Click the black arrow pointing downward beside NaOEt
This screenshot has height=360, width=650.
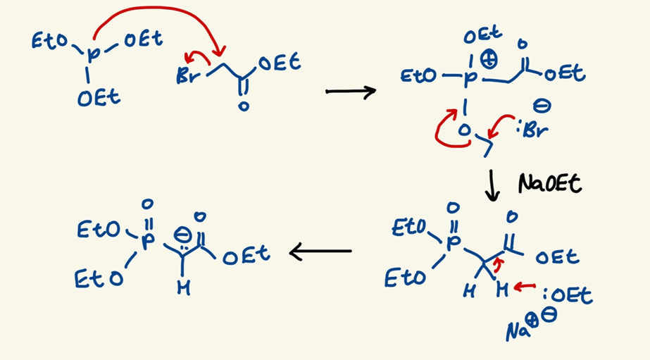click(494, 185)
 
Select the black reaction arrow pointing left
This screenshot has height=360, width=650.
click(321, 250)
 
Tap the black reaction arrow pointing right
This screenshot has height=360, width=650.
click(350, 92)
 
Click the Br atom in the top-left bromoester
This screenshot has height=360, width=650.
click(187, 76)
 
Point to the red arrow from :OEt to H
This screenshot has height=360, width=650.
click(524, 287)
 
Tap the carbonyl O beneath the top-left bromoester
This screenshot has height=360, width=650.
click(242, 106)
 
